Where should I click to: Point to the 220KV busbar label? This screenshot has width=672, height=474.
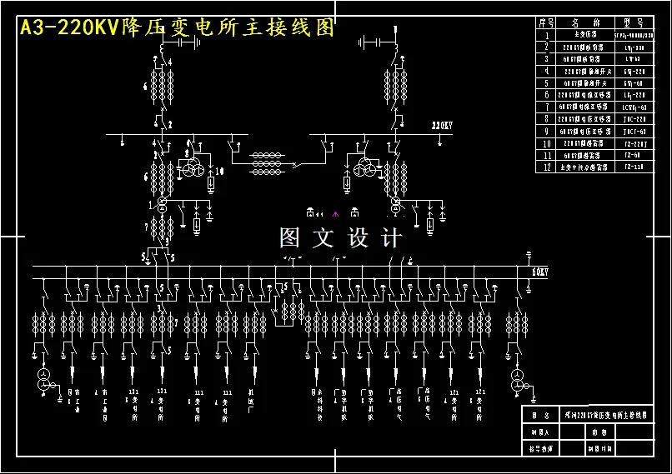(441, 126)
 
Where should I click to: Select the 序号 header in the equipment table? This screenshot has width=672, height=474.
(546, 23)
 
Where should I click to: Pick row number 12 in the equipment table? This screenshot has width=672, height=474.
(546, 167)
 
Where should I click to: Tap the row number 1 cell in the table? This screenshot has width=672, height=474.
(546, 36)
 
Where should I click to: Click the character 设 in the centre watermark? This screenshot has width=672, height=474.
(358, 238)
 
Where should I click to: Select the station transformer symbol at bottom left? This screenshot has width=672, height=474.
(45, 382)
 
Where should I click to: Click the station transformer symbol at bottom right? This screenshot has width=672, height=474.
(517, 382)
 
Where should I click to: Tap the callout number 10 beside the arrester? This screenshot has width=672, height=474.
(221, 171)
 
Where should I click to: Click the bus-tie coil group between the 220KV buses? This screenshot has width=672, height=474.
(266, 158)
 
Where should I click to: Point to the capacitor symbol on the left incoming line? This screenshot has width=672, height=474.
(191, 42)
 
